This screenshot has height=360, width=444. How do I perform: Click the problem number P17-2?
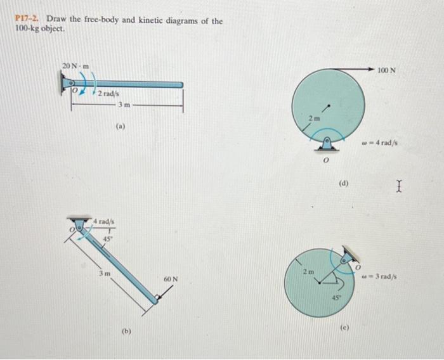click(x=28, y=21)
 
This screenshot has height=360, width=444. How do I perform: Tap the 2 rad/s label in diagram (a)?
click(x=107, y=94)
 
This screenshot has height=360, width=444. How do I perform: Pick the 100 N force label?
click(x=386, y=70)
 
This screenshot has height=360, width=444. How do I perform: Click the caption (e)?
click(x=344, y=328)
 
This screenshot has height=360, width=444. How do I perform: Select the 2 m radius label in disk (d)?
click(x=314, y=118)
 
